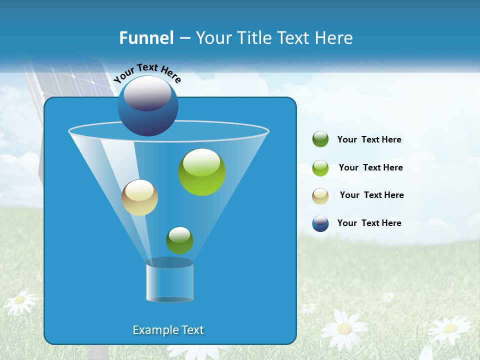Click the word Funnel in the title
pyautogui.click(x=146, y=38)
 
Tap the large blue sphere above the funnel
pyautogui.click(x=148, y=106)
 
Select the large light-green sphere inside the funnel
pyautogui.click(x=202, y=172)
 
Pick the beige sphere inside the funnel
pyautogui.click(x=139, y=197)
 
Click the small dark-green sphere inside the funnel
pyautogui.click(x=179, y=240)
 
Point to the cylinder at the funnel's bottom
pyautogui.click(x=170, y=280)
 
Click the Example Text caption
pyautogui.click(x=168, y=330)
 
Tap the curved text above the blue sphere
pyautogui.click(x=147, y=73)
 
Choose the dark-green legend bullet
pyautogui.click(x=320, y=139)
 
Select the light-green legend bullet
pyautogui.click(x=320, y=167)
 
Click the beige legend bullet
pyautogui.click(x=320, y=195)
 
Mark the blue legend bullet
pyautogui.click(x=320, y=223)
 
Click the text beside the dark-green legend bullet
pyautogui.click(x=369, y=140)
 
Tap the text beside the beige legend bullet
pyautogui.click(x=372, y=195)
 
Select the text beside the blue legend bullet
pyautogui.click(x=369, y=223)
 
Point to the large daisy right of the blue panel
pyautogui.click(x=344, y=328)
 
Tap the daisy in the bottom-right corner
pyautogui.click(x=450, y=328)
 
